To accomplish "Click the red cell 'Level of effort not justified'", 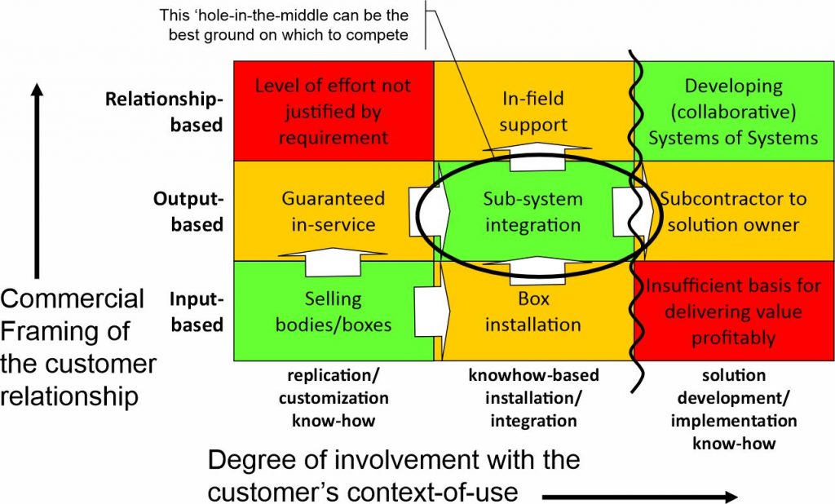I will click(333, 111).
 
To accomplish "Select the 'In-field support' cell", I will click(532, 112).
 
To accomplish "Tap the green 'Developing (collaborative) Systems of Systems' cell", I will click(733, 112).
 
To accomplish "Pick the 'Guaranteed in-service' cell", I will click(333, 211).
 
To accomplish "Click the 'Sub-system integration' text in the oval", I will click(532, 211).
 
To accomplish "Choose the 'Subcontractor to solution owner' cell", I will click(733, 211).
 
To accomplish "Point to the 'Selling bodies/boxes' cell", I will click(333, 311).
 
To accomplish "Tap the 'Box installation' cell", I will click(532, 312).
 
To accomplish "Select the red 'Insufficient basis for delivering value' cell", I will click(733, 312).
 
